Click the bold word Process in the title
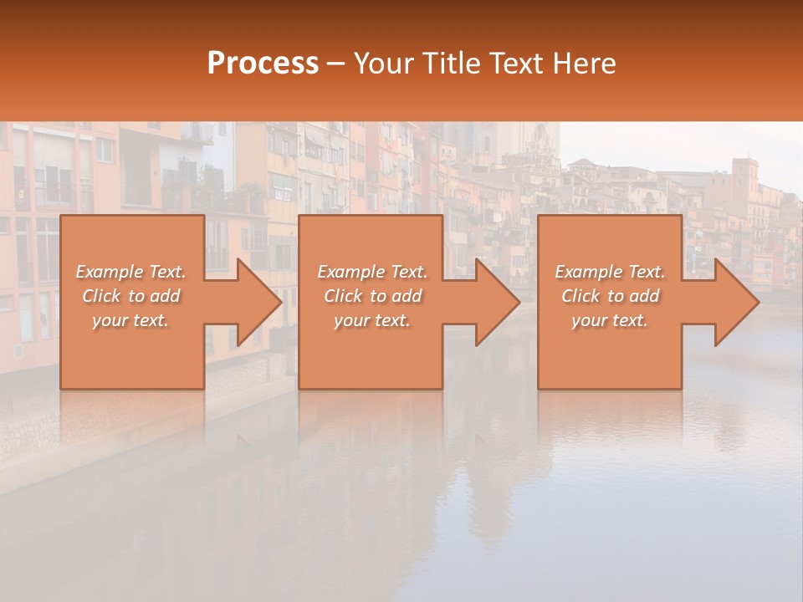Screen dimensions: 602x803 point(263,63)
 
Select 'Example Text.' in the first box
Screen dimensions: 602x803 point(130,272)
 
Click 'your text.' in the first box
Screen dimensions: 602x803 point(130,320)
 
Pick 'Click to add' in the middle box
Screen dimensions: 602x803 point(372,296)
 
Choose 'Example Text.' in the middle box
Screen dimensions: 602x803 point(372,272)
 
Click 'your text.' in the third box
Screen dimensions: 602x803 point(610,320)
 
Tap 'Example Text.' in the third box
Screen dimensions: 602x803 point(610,272)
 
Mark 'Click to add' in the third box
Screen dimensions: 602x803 point(610,296)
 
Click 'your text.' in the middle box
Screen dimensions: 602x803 point(372,320)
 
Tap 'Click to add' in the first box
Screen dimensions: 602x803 point(130,296)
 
